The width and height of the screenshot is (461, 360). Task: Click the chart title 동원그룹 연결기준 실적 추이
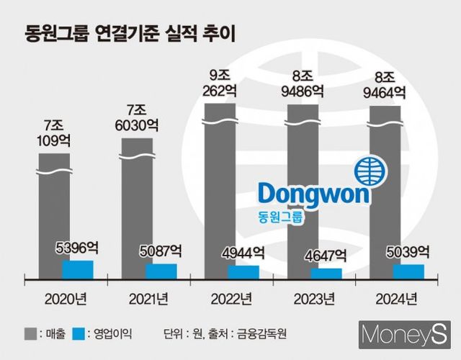(x=131, y=32)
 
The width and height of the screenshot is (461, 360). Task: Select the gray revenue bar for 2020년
(x=54, y=216)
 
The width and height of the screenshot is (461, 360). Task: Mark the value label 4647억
(x=326, y=256)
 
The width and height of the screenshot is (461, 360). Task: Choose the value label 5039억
(x=408, y=253)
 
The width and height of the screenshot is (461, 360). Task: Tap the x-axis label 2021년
(x=148, y=298)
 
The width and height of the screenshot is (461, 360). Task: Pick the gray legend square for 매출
(x=30, y=333)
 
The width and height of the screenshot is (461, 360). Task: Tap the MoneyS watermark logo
(x=405, y=336)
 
